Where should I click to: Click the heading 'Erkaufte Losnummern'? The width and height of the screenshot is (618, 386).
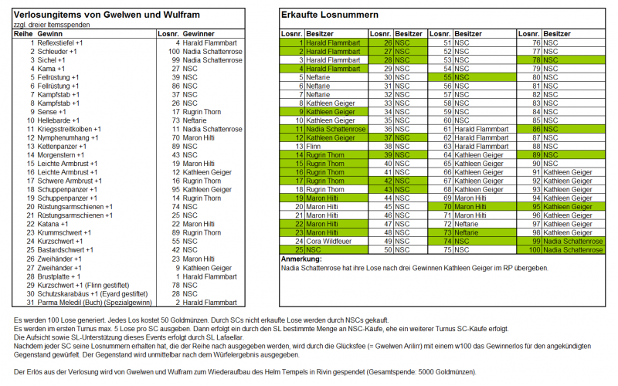pyautogui.click(x=330, y=15)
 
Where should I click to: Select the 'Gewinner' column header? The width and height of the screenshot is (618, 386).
pyautogui.click(x=199, y=35)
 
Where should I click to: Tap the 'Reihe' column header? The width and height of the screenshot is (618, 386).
pyautogui.click(x=23, y=35)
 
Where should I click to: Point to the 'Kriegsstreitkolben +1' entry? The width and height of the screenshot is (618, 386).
pyautogui.click(x=73, y=129)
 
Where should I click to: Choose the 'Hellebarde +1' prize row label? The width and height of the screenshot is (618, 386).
pyautogui.click(x=59, y=120)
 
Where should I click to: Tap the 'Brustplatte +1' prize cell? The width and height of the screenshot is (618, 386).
pyautogui.click(x=59, y=276)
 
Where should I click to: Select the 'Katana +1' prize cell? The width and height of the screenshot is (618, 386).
pyautogui.click(x=55, y=224)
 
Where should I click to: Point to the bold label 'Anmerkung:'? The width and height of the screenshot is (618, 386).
pyautogui.click(x=300, y=259)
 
